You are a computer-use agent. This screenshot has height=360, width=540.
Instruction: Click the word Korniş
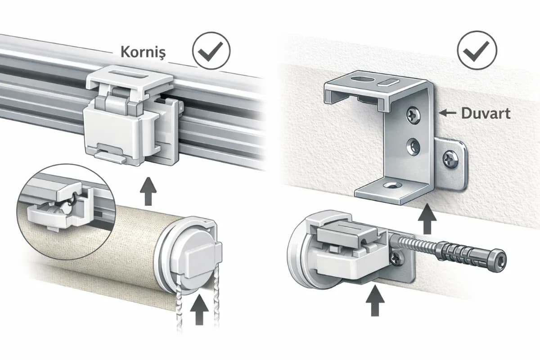pos(143,52)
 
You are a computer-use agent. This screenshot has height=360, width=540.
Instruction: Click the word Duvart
pos(486,113)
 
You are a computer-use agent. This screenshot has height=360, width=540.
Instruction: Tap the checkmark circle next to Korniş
pos(211,51)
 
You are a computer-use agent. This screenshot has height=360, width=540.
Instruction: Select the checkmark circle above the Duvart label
pos(477,50)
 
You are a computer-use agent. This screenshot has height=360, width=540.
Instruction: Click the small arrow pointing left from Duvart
pos(447,112)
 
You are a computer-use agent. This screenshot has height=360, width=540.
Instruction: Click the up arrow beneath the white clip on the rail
pos(148,191)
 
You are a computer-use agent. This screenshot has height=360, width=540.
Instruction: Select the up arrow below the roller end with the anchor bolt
pos(375,301)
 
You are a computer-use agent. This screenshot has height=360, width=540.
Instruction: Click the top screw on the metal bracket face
pos(414,115)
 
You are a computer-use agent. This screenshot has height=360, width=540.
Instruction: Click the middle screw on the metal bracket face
pos(413,146)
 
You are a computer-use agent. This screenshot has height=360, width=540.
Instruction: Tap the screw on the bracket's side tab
pos(450,159)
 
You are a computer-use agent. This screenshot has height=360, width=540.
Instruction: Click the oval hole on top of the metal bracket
pos(362,79)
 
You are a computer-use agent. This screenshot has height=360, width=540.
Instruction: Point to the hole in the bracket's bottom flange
pos(393,185)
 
